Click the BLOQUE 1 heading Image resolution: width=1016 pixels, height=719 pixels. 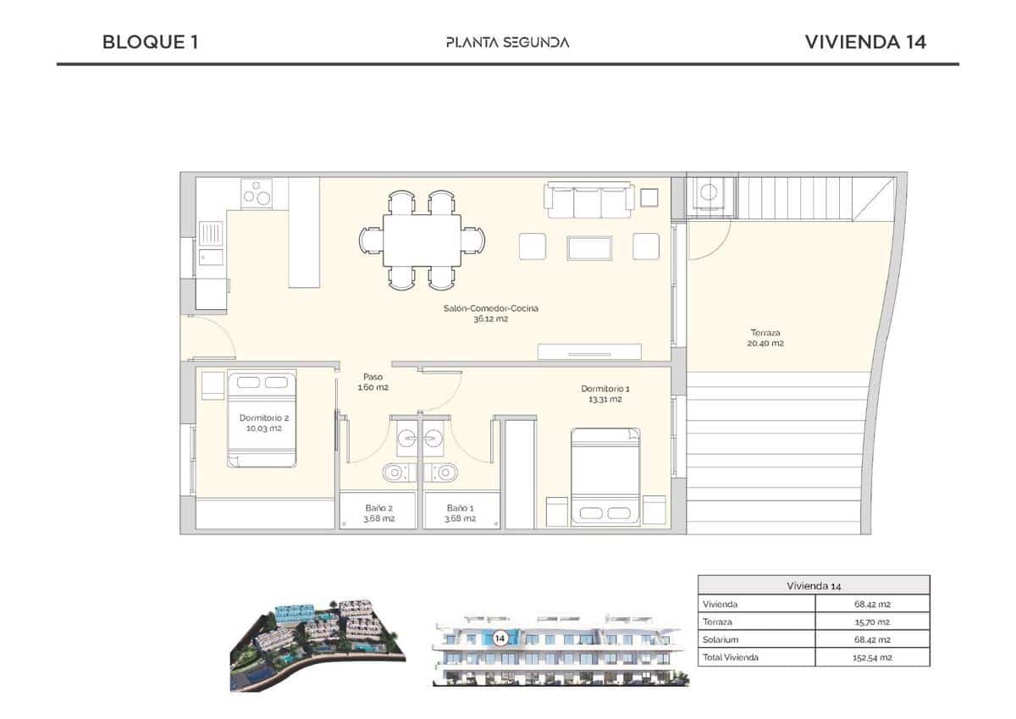150,41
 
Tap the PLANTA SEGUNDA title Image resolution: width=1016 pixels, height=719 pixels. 507,42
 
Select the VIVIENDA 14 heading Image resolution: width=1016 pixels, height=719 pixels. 865,41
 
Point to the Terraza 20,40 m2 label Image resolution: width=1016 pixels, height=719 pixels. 765,338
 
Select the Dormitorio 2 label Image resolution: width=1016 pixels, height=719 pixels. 259,423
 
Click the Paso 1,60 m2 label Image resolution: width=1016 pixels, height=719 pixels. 373,382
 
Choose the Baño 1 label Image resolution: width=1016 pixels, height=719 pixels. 461,513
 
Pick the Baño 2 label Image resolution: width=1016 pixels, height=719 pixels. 378,513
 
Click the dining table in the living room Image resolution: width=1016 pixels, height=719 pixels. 422,240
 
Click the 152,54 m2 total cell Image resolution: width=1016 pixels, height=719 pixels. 871,657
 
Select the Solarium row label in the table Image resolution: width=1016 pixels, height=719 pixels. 720,639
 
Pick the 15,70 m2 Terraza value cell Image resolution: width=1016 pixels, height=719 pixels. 871,622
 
